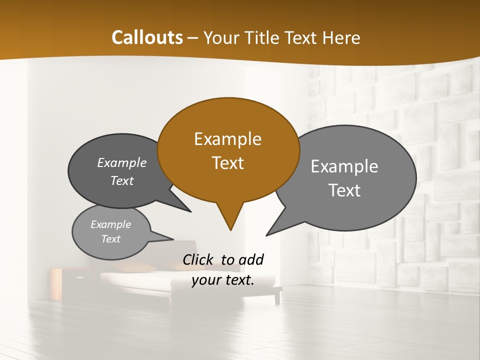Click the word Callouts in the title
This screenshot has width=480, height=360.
[x=147, y=37]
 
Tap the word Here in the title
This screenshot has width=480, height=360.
[x=340, y=37]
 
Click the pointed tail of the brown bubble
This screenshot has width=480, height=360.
[x=230, y=220]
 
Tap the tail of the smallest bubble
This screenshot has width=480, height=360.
[x=162, y=236]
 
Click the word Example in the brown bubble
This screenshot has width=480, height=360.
[x=227, y=139]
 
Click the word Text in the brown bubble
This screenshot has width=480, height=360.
[x=228, y=163]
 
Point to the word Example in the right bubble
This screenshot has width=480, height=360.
[x=344, y=166]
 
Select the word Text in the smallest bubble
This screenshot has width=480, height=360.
[x=111, y=239]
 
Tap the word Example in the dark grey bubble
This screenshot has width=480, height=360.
[x=122, y=163]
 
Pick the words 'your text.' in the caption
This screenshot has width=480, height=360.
[x=223, y=280]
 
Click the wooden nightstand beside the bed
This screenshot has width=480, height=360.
[x=62, y=282]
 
